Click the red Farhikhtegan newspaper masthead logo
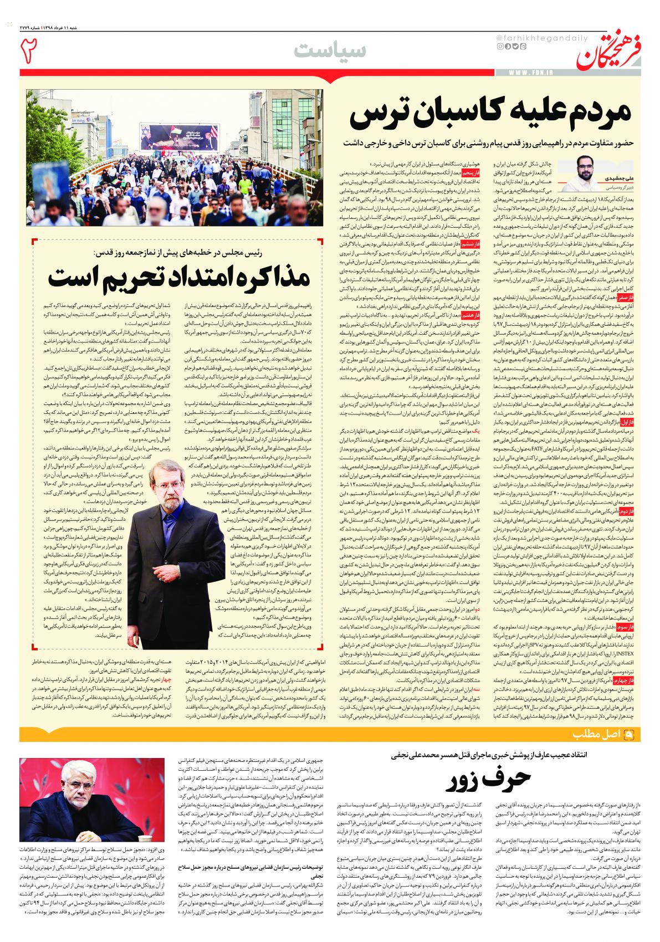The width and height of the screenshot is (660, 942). click(607, 50)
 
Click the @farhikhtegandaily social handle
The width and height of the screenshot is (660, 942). click(530, 37)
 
